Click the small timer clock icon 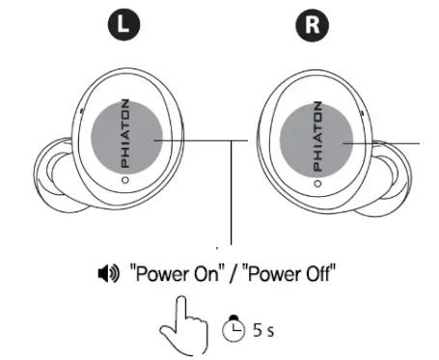point(234,328)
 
